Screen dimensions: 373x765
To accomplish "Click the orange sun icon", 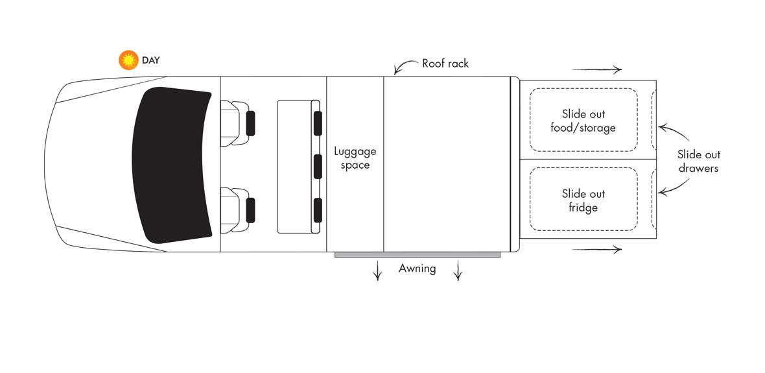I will tap(128, 60).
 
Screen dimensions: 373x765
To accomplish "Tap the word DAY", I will tap(150, 60).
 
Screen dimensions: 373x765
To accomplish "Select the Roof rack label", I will tap(445, 64).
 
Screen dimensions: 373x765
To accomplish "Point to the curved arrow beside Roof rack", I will tap(406, 66).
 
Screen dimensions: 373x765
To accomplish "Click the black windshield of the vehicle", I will tap(172, 164).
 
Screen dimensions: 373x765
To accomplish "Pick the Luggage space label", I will tap(355, 158).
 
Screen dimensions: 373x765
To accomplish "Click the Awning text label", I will tap(417, 268).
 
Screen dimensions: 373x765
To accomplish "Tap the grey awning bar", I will tap(417, 255).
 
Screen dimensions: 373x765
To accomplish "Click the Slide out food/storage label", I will tap(583, 121).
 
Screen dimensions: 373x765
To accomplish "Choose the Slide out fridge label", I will tap(583, 200).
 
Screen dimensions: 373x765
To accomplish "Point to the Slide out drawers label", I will tap(698, 161).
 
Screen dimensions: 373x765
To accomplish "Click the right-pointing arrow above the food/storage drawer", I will tap(597, 70).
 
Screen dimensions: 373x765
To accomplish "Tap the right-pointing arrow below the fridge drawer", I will tap(597, 249).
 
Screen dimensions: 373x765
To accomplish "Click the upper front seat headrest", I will tap(250, 123).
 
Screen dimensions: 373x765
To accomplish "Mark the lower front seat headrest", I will tap(250, 211).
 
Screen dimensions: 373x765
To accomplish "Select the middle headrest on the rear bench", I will tap(318, 167).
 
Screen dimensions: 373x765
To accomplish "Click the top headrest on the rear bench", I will tap(318, 123).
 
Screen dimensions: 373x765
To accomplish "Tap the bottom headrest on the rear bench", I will tap(318, 210).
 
